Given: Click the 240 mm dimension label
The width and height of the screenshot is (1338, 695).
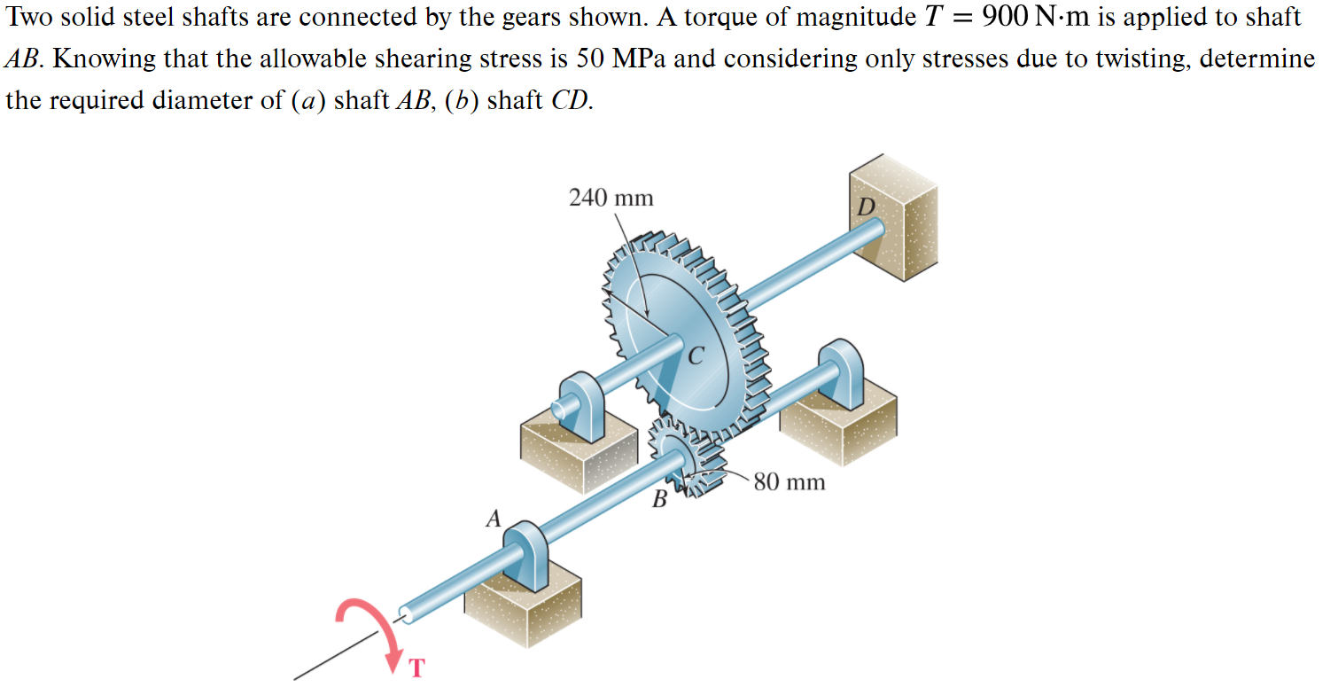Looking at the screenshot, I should [611, 198].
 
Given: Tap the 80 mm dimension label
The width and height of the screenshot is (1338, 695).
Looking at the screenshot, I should [789, 482].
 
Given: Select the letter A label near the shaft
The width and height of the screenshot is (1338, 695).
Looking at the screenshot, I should [494, 519].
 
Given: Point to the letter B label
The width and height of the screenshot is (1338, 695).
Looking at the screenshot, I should [658, 500].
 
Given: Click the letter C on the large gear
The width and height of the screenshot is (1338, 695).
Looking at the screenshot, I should [696, 357].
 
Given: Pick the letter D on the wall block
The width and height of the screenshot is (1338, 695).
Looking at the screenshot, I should [867, 207].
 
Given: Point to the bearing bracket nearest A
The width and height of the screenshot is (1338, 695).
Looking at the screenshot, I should [528, 555].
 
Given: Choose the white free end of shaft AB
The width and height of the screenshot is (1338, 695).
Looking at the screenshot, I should [407, 611].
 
